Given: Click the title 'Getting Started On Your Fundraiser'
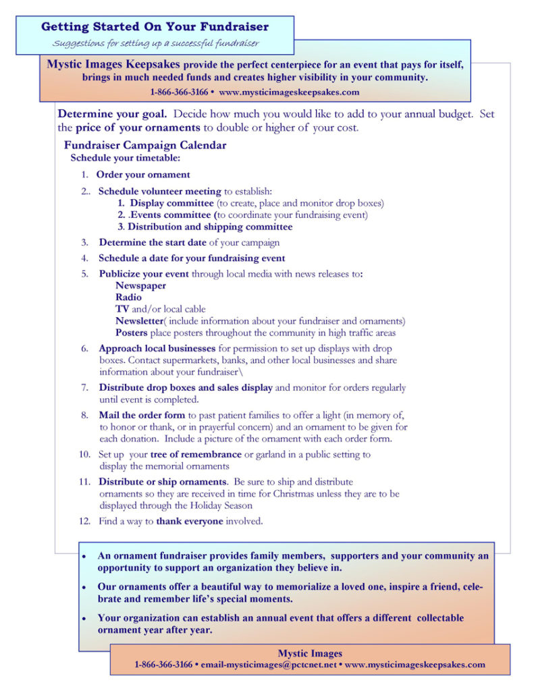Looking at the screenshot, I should pos(155,27).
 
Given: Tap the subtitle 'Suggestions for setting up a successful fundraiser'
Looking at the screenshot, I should pos(156,44).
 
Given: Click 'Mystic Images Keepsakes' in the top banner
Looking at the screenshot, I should pos(114,65).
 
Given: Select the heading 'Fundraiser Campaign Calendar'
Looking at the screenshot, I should pos(145,145).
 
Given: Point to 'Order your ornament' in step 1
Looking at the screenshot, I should pos(144,175).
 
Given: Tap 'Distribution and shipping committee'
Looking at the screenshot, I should pos(210,227).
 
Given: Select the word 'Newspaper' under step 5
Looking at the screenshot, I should pos(140,285).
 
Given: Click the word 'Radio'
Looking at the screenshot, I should pos(128,297).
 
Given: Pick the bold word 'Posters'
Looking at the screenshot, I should pos(131,333).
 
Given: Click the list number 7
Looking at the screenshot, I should pos(85,388).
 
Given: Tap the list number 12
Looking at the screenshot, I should pos(84,521).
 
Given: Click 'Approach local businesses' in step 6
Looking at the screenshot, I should pos(157,349).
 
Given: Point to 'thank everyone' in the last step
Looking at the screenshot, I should pos(189,521).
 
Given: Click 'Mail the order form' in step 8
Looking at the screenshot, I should pos(142,416).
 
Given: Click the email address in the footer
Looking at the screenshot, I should pos(265,665).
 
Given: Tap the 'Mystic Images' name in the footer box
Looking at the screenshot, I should pos(310,653).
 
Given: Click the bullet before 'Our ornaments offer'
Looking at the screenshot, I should pos(84,586).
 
